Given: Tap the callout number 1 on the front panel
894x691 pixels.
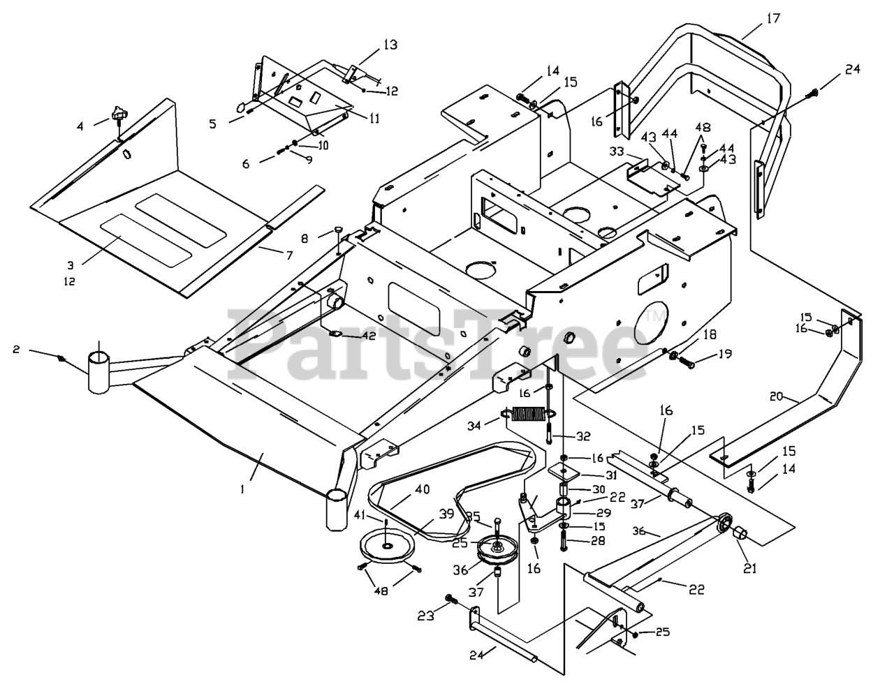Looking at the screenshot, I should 242,489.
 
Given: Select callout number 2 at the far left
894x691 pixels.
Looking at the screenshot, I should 16,348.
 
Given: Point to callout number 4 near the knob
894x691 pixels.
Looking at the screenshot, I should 80,126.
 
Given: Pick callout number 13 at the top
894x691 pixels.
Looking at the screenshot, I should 390,45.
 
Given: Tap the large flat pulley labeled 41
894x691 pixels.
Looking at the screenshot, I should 386,546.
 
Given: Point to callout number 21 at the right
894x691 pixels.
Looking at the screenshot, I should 749,568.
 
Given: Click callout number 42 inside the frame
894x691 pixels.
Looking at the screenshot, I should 368,335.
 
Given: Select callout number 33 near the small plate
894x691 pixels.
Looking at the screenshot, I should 615,151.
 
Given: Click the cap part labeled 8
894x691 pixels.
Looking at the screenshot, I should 337,229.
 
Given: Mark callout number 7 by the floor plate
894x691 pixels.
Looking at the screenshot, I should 288,255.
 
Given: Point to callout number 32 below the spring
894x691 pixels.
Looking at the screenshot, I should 582,436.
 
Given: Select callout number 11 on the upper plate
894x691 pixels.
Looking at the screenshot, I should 374,118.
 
